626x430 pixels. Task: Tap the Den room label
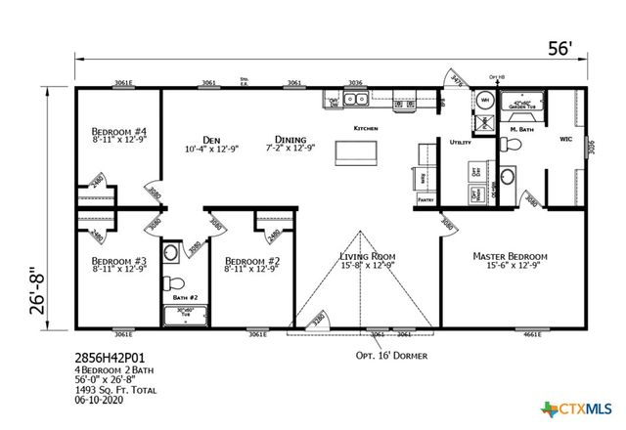tap(210, 139)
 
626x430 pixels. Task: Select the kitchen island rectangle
tap(357, 153)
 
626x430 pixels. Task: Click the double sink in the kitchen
tap(349, 100)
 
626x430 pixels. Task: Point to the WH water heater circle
tap(484, 100)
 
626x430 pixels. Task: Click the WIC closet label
tap(565, 138)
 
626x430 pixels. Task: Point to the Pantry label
tap(425, 198)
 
